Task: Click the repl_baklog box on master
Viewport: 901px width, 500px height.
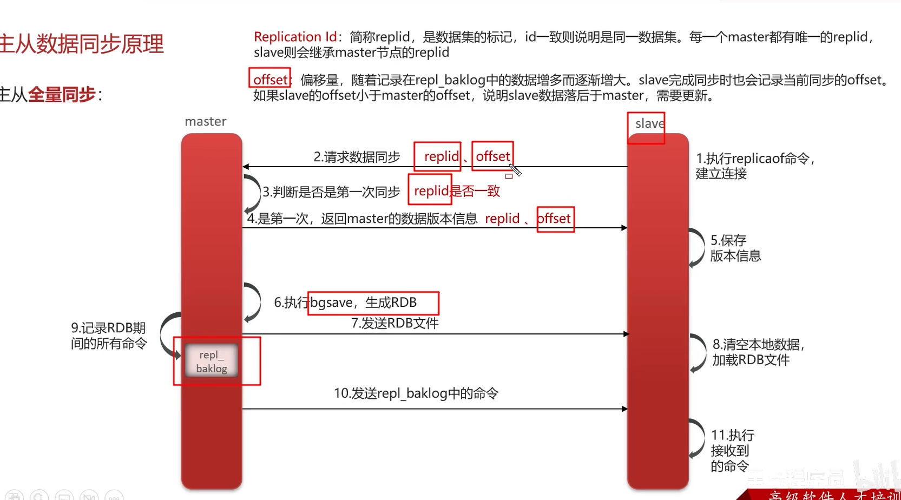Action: [211, 361]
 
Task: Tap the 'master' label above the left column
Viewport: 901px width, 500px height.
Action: [206, 122]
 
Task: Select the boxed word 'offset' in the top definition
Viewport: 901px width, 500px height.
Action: [270, 80]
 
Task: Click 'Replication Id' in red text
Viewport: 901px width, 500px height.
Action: [295, 37]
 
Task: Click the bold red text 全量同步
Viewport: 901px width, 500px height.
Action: [62, 95]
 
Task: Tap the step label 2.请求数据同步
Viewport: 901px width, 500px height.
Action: [357, 157]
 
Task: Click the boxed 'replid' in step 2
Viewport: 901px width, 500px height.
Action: [441, 156]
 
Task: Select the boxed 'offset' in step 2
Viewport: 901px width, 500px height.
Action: [492, 156]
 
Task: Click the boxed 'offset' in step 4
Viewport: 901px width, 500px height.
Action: [555, 219]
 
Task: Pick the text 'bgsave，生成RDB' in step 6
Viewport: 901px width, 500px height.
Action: [364, 302]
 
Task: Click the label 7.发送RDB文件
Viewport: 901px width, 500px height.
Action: [394, 323]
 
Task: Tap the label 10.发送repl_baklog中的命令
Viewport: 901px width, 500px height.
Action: [416, 393]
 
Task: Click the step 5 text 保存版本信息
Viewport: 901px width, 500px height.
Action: [735, 248]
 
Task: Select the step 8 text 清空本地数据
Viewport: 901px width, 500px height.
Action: [758, 345]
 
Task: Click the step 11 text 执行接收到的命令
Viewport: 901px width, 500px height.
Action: [732, 450]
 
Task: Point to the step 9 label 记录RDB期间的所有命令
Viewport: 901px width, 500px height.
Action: [108, 335]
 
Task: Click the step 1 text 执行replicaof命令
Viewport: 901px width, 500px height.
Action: [754, 159]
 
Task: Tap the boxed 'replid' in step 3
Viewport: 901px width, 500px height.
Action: [431, 191]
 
